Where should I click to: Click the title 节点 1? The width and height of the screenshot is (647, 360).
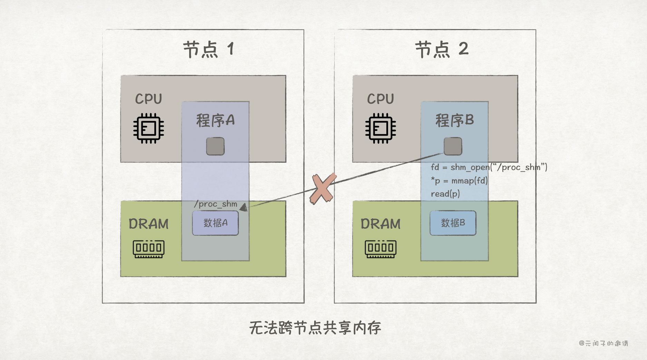209,49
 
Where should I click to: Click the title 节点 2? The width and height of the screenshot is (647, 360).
441,49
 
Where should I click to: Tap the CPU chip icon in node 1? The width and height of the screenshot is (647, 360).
148,128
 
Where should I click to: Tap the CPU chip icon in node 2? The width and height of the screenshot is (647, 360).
380,128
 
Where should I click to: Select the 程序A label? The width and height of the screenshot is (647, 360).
215,121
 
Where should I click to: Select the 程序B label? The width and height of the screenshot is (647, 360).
454,121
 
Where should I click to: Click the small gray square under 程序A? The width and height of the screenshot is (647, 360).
215,146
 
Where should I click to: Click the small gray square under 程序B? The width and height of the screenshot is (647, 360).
453,146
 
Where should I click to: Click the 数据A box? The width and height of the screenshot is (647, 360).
215,223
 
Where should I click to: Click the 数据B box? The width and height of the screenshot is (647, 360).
453,223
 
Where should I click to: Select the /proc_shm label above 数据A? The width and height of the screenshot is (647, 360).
216,204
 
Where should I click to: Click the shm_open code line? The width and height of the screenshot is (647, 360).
489,168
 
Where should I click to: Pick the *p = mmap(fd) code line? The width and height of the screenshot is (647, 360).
459,181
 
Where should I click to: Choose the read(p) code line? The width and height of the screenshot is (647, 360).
445,194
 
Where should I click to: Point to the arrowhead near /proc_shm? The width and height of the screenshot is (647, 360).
244,207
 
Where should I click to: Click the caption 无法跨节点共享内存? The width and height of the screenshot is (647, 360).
315,328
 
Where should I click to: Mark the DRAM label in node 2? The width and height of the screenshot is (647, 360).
380,224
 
